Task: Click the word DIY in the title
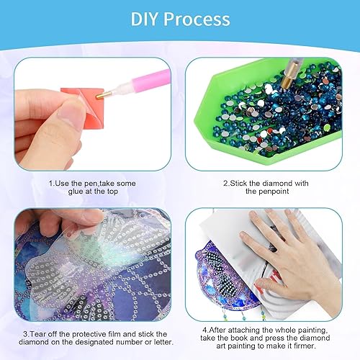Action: click(x=148, y=19)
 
